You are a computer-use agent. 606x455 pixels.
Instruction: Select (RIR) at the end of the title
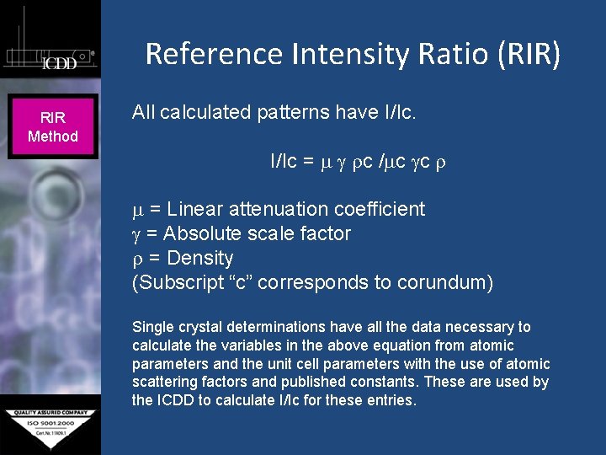[x=527, y=54]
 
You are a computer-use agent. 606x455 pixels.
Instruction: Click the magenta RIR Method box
[x=52, y=127]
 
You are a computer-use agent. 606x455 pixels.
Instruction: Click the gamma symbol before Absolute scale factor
[x=137, y=234]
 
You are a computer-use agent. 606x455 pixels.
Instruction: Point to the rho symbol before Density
[x=137, y=259]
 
